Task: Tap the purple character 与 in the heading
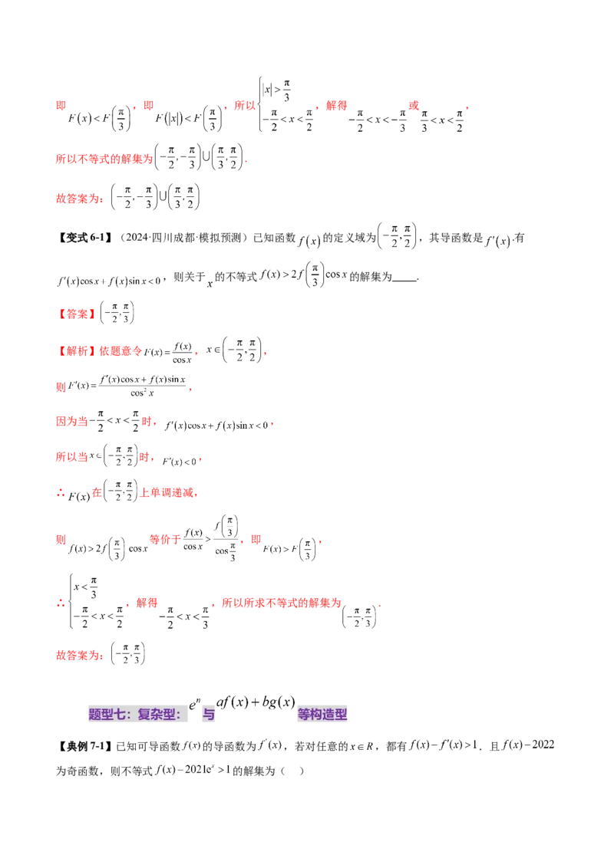(x=207, y=715)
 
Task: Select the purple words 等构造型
(x=322, y=715)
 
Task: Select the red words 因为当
(x=73, y=421)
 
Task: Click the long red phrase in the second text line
(x=104, y=159)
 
